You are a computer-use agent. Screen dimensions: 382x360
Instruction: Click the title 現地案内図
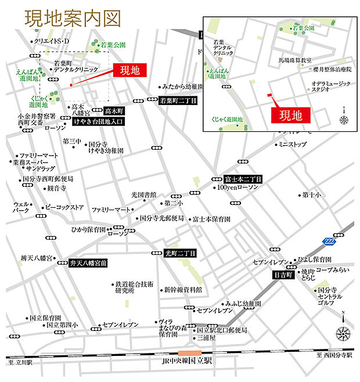click(x=73, y=19)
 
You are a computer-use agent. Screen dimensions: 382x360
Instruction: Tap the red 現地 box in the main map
click(x=130, y=70)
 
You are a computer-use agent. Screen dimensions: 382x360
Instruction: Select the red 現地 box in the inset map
click(x=291, y=115)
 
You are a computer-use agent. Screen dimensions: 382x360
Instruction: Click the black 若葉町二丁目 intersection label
click(x=178, y=100)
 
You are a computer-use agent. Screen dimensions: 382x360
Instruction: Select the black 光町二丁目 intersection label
click(x=180, y=253)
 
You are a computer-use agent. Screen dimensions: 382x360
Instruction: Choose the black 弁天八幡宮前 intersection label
click(x=88, y=262)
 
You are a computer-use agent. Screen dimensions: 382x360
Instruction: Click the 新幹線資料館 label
click(x=182, y=289)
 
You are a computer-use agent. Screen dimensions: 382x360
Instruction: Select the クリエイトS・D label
click(x=51, y=41)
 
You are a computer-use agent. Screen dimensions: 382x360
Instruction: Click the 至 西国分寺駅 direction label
click(x=334, y=355)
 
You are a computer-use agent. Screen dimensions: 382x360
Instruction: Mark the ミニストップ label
click(x=291, y=144)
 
